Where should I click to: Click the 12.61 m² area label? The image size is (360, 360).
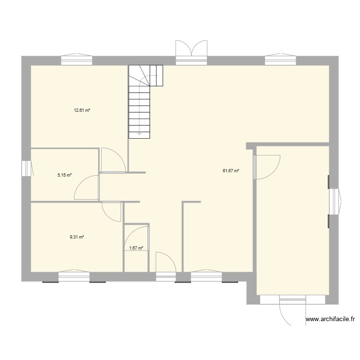(x=82, y=110)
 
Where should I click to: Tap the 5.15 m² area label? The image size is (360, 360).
(x=64, y=175)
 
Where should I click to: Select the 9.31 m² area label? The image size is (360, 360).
(x=77, y=237)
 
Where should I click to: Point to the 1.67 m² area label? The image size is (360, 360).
(x=137, y=248)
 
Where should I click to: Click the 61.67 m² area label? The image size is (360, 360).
(x=231, y=170)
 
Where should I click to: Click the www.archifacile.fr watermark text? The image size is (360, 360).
(x=331, y=319)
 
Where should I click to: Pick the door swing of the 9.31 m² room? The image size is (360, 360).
(x=111, y=211)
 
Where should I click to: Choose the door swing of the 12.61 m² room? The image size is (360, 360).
(x=113, y=160)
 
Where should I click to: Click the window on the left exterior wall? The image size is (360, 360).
(x=26, y=168)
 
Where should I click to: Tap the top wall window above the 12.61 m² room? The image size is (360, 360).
(x=77, y=59)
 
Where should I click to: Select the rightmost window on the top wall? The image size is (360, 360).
(x=281, y=59)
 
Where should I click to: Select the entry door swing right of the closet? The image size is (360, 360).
(x=166, y=263)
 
